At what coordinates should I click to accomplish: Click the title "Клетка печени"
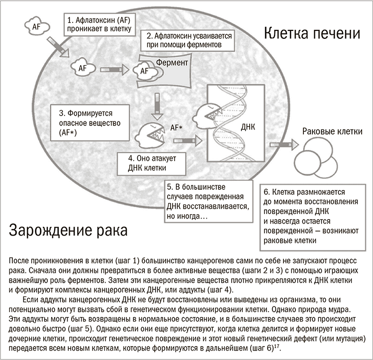(x=312, y=33)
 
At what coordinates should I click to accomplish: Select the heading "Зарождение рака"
(x=68, y=230)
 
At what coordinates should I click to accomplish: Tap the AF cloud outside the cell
(x=37, y=26)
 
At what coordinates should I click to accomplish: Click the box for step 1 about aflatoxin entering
(x=99, y=24)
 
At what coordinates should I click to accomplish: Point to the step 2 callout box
(x=187, y=40)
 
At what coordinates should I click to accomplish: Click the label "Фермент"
(x=172, y=63)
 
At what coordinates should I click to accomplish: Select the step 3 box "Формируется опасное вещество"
(x=90, y=122)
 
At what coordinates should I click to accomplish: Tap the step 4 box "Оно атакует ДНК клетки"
(x=152, y=164)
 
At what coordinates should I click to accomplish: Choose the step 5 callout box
(x=208, y=201)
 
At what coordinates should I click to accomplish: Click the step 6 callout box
(x=313, y=217)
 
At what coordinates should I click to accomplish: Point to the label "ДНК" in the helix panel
(x=248, y=127)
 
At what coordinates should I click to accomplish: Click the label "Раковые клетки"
(x=332, y=131)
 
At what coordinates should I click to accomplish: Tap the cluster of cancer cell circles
(x=316, y=158)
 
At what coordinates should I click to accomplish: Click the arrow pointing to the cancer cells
(x=284, y=145)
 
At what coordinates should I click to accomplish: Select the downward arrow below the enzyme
(x=157, y=107)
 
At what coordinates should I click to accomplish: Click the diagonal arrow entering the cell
(x=58, y=47)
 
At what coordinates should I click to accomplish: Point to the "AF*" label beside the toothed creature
(x=176, y=128)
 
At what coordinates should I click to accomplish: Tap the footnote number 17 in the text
(x=277, y=346)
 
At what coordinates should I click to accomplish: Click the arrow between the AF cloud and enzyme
(x=115, y=70)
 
